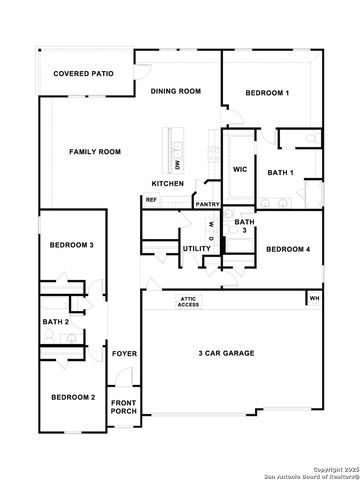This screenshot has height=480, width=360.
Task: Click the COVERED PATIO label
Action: (83, 73)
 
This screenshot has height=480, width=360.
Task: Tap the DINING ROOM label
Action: (176, 91)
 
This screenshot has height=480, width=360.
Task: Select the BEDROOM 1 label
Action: (267, 93)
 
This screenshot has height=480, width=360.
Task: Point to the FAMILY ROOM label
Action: (95, 151)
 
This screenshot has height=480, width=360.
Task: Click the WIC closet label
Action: (240, 170)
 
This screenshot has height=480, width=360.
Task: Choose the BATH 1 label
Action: (280, 173)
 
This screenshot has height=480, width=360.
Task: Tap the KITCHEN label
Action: (168, 184)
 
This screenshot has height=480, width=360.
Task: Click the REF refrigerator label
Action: (151, 200)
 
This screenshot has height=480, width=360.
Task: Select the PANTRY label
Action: (207, 205)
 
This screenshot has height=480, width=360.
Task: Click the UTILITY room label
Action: (196, 247)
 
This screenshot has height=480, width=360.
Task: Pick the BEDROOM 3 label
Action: (72, 245)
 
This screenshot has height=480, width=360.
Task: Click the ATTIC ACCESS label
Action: (189, 301)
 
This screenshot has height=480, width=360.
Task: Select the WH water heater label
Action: (314, 298)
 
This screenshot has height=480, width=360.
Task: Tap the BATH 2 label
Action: (55, 322)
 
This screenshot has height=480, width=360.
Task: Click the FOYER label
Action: (124, 354)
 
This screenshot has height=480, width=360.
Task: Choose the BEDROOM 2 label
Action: (73, 397)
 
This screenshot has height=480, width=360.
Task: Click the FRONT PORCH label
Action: (124, 407)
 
